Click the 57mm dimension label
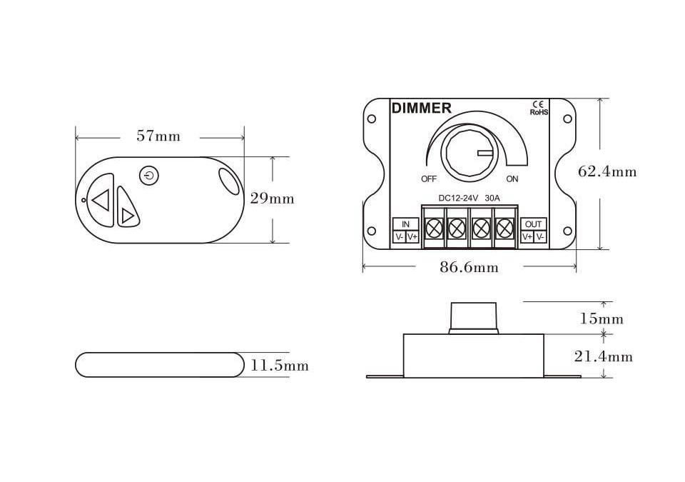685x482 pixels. [158, 136]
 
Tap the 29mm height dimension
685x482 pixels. [272, 199]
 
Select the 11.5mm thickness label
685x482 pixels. [280, 365]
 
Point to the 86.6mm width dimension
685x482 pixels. [469, 267]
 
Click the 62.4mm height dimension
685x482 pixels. [607, 171]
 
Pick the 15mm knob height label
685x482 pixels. [602, 318]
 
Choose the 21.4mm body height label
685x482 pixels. [604, 357]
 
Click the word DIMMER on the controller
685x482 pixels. [422, 108]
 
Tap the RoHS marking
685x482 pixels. [539, 112]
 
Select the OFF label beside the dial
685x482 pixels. [429, 179]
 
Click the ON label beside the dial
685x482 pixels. [512, 179]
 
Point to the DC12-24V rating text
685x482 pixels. [459, 198]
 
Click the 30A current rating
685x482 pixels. [492, 198]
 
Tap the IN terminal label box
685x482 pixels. [405, 224]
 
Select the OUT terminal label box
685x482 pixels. [534, 224]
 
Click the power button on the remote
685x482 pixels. [149, 176]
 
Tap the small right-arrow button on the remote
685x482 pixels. [127, 207]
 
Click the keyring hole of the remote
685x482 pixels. [228, 181]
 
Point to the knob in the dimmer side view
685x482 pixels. [473, 318]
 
